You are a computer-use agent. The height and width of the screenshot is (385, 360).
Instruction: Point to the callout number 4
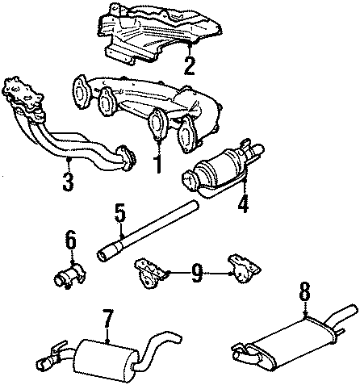point(242,205)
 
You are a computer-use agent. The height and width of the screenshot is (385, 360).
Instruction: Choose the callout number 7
point(107,323)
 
